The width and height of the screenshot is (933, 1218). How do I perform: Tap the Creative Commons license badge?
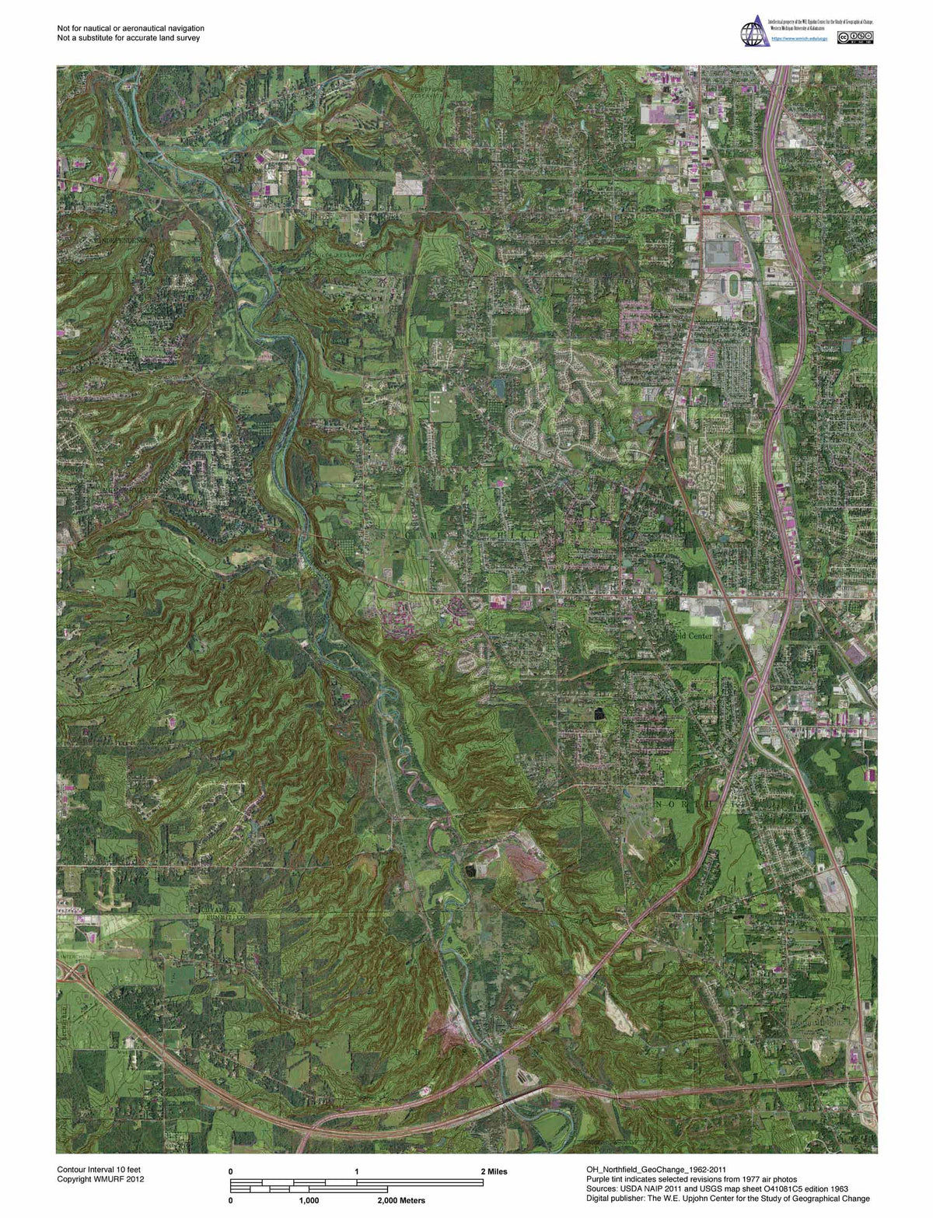(854, 37)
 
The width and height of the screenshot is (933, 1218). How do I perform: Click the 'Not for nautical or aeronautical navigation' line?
(131, 28)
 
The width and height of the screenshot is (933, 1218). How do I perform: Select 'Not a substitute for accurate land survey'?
(128, 37)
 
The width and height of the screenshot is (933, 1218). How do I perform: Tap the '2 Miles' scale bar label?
(494, 1171)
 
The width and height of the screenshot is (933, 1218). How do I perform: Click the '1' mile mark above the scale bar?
(357, 1171)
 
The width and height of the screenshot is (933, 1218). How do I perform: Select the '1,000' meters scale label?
(309, 1200)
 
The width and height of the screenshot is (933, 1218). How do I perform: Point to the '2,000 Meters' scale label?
(401, 1200)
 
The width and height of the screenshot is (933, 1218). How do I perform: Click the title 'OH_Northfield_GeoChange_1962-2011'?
(656, 1170)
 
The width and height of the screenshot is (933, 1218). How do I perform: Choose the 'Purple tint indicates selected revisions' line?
(691, 1179)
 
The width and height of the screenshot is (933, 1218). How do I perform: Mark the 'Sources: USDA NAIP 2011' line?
(717, 1188)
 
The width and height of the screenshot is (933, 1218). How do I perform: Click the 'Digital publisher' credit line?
(728, 1199)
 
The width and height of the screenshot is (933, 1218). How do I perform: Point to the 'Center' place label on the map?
(695, 635)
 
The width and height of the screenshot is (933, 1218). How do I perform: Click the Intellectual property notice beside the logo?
(819, 23)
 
